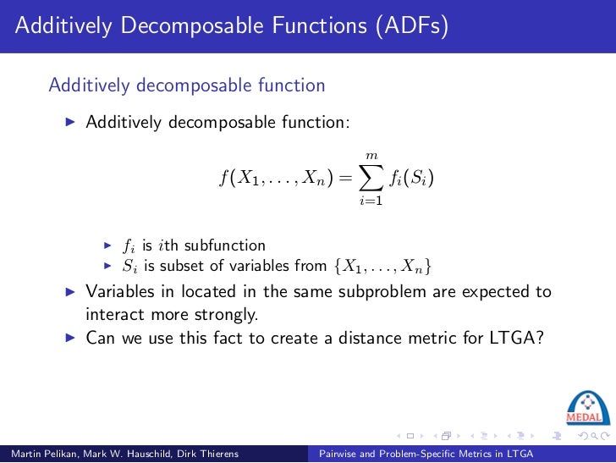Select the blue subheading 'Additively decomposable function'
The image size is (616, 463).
coord(187,85)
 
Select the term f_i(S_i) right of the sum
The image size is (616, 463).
coord(412,179)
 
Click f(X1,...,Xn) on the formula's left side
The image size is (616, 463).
coord(272,179)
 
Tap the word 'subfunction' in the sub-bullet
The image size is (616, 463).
coord(225,245)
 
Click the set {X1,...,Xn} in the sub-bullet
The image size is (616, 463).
coord(382,267)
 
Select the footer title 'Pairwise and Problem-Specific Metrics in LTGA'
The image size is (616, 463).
coord(426,455)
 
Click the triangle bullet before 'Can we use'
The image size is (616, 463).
coord(71,337)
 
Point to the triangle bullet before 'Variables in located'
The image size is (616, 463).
coord(71,292)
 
